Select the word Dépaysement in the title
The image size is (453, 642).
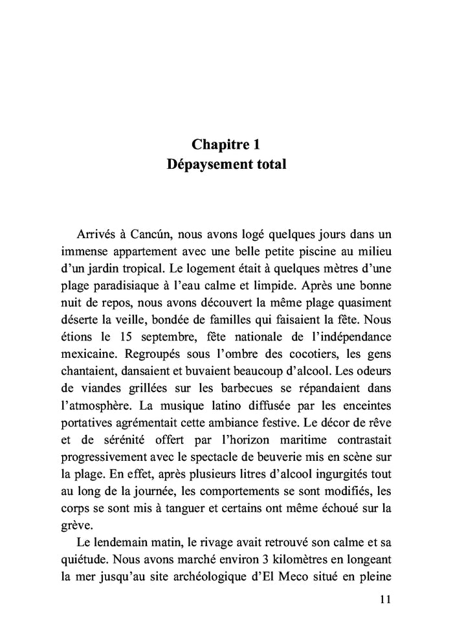coord(206,164)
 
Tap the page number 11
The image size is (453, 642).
coord(385,599)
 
